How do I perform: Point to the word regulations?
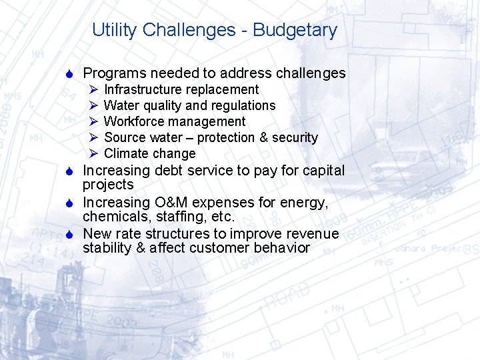point(243,105)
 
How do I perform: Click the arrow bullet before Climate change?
point(93,153)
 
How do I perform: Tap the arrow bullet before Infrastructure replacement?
point(93,89)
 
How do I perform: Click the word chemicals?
point(112,217)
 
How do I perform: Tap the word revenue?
point(314,234)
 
